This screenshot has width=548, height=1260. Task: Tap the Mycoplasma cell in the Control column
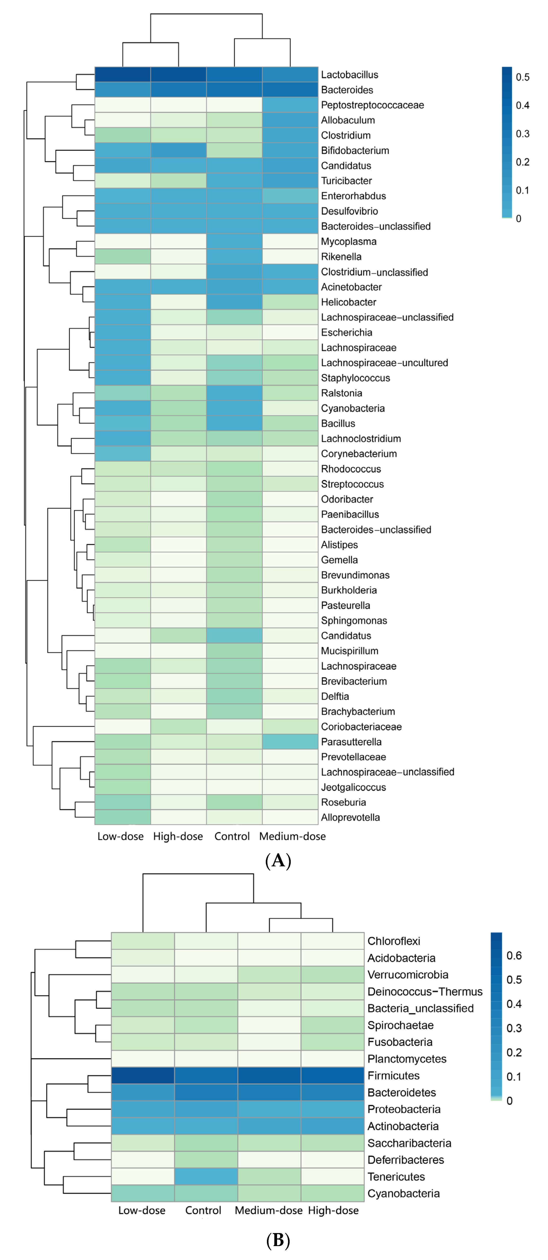234,241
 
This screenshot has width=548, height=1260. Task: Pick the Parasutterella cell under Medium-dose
290,742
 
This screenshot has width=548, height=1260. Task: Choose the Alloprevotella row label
350,817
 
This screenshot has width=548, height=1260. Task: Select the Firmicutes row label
393,1076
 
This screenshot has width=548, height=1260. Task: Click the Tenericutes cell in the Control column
206,1176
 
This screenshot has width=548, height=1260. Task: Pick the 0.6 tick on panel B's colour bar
514,956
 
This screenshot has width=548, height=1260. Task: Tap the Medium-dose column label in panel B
268,1210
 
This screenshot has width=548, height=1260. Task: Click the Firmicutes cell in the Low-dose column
142,1076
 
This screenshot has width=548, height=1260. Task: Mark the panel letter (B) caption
278,1240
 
